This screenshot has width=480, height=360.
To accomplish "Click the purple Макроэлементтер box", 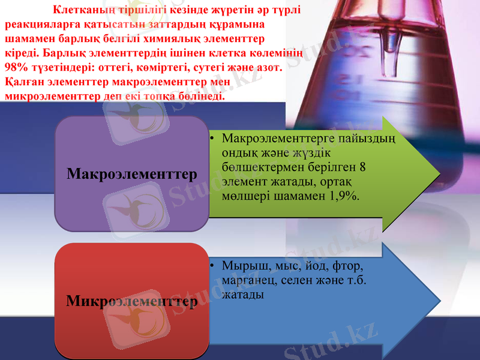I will pos(132,174).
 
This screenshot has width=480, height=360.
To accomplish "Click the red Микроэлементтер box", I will pos(132,300).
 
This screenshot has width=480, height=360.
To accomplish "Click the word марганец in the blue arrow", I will pos(247,280).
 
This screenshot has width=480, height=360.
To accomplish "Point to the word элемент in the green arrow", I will pos(242,181).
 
